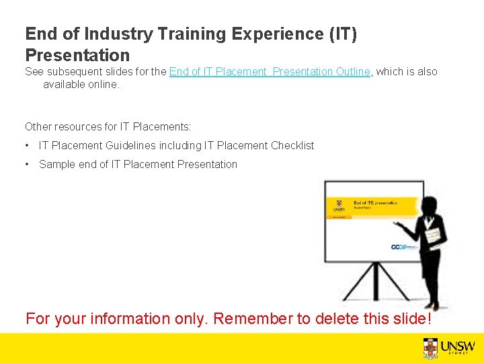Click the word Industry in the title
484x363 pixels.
pos(120,34)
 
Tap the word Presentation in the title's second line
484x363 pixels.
pos(77,54)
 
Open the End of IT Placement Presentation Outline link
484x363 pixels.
pos(270,72)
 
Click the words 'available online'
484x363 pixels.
pos(81,85)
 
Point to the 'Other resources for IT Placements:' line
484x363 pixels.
pos(108,126)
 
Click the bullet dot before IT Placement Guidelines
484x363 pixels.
pos(28,146)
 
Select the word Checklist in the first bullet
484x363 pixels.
pos(292,145)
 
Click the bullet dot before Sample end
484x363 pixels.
pos(28,164)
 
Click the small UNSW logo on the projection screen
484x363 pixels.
pos(338,206)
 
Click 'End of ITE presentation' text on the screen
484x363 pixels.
pos(375,202)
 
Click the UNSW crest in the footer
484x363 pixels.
pos(431,348)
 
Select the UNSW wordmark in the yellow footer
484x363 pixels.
pos(458,346)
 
